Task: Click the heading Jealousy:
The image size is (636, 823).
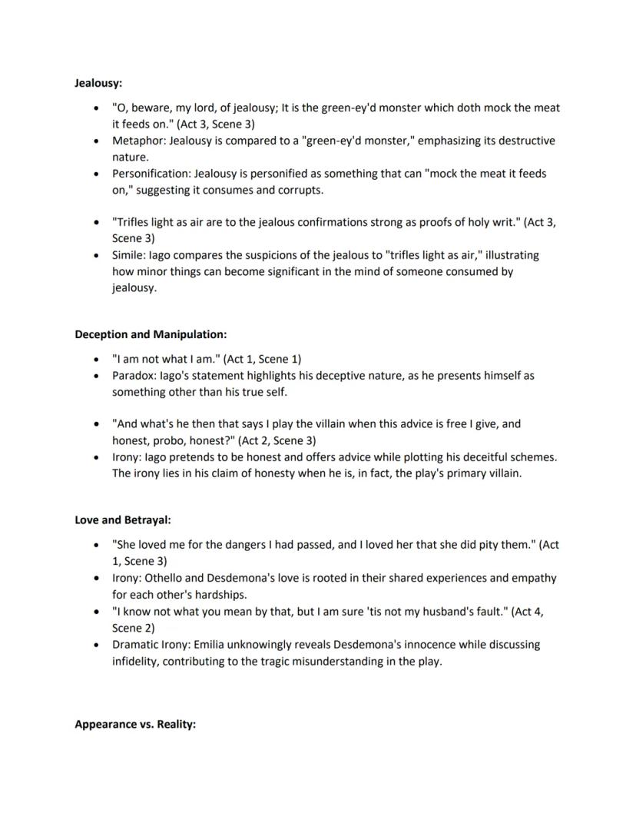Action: [x=98, y=82]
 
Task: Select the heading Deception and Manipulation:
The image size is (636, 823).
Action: [x=151, y=334]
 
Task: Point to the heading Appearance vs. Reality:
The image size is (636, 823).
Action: [x=135, y=724]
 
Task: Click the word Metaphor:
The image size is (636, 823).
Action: [x=139, y=141]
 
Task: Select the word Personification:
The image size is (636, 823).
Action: [x=151, y=174]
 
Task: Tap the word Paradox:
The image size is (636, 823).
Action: [x=134, y=377]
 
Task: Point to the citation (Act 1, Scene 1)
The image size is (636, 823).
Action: [x=262, y=359]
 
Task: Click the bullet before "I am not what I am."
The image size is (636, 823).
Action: [x=95, y=360]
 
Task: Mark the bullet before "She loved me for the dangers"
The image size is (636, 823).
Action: [x=95, y=546]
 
